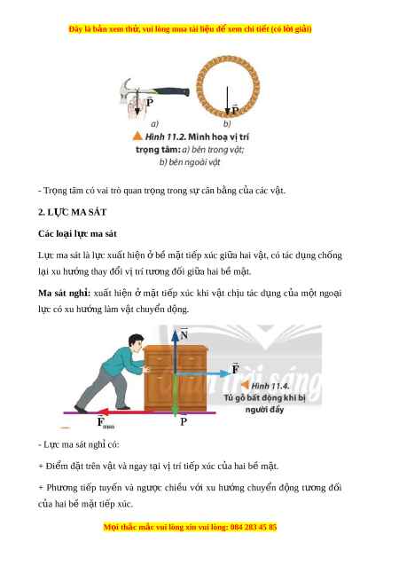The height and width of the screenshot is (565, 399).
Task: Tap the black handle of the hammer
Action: click(171, 92)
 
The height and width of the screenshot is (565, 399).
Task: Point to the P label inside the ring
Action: click(235, 109)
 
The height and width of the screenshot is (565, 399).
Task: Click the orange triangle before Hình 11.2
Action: click(137, 136)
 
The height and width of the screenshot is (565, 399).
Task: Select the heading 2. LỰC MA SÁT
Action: click(73, 212)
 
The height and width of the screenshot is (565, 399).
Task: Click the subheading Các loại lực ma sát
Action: click(77, 233)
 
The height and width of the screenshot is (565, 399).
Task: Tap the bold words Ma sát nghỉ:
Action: click(64, 293)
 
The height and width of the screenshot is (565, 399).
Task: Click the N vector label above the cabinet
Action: click(184, 334)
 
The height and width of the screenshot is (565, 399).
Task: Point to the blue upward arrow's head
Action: click(175, 335)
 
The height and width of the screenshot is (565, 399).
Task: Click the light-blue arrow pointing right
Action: click(203, 374)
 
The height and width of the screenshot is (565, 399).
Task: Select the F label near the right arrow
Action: click(235, 368)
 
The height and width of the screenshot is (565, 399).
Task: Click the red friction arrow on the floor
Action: click(125, 412)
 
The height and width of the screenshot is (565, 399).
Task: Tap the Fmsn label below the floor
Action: click(106, 421)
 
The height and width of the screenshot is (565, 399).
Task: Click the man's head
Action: click(135, 343)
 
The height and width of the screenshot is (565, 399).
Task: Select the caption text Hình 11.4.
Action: click(270, 386)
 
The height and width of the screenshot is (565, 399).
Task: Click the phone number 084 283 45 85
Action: click(254, 527)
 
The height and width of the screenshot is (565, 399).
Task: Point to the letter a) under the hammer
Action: click(154, 123)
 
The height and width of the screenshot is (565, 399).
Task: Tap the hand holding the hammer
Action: click(137, 106)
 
